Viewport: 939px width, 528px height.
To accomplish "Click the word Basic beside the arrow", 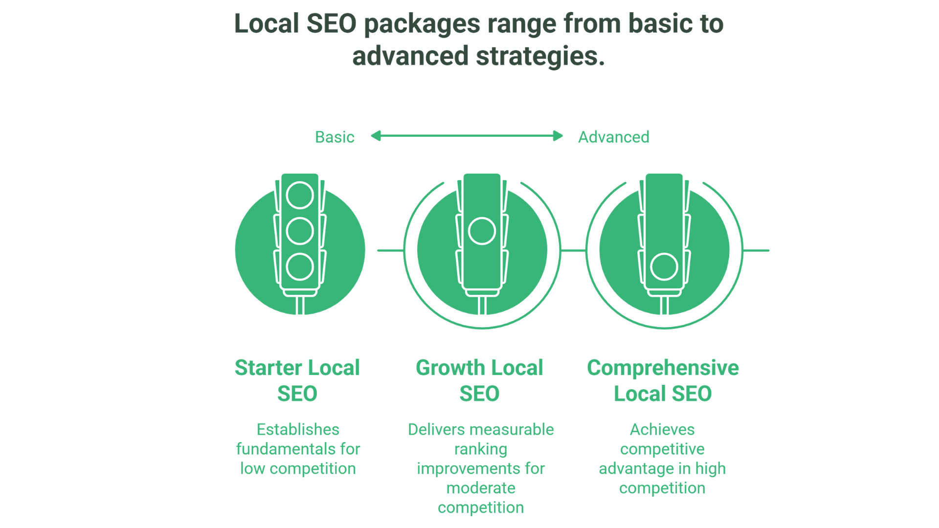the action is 335,137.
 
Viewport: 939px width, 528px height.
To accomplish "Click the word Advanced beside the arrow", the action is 614,137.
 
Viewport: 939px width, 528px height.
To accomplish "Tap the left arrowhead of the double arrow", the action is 376,136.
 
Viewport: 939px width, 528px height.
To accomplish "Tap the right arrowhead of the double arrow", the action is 558,136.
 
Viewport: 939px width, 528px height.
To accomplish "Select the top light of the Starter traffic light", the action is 300,196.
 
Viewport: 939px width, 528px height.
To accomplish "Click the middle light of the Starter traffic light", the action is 300,231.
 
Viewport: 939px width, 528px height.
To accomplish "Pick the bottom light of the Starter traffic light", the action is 300,267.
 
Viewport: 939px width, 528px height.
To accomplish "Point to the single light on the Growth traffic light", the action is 482,231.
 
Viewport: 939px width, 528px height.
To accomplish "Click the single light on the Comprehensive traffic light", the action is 664,267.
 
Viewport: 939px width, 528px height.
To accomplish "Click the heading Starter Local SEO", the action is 297,380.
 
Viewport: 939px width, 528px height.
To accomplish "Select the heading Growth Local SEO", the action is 479,380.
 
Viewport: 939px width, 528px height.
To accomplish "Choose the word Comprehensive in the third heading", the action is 663,368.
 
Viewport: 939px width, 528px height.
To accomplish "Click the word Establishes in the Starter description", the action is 298,430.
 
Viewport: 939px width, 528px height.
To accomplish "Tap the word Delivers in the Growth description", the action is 437,430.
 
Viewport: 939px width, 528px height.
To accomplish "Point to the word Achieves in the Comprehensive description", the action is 662,430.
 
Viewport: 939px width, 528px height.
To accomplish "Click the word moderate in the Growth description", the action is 481,488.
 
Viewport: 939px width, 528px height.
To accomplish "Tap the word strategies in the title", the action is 540,56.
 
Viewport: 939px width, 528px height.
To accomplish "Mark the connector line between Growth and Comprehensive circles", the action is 573,251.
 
